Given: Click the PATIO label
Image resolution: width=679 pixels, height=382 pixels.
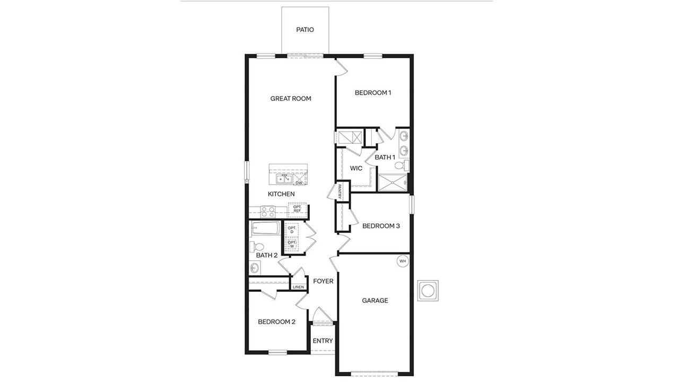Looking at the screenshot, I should tap(305, 30).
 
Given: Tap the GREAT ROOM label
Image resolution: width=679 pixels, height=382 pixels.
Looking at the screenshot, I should tap(291, 99).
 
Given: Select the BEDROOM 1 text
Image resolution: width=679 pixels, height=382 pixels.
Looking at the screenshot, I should tap(373, 93).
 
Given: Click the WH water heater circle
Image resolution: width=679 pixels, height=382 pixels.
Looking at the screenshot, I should tap(402, 261).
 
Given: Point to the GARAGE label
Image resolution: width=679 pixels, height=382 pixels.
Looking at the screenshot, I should tap(375, 300).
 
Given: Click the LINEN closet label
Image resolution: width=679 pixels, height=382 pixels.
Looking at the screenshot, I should tap(298, 287).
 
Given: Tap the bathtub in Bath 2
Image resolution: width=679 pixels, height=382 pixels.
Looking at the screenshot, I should tap(265, 230).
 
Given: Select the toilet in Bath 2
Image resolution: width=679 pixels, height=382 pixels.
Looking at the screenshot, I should tap(258, 247).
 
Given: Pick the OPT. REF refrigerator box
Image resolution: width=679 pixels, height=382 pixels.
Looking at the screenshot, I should tap(297, 210).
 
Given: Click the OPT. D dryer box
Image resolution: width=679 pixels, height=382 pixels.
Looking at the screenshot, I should tap(292, 230).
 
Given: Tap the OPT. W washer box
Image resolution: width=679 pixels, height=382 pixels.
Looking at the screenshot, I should tap(292, 244).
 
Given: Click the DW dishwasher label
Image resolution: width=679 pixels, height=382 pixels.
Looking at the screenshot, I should tap(299, 183).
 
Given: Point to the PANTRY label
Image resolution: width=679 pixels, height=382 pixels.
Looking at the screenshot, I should tap(339, 190).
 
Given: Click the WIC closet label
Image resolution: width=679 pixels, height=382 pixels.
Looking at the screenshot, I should tap(356, 168).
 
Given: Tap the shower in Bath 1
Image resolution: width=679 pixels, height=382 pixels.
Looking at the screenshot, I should tap(393, 183).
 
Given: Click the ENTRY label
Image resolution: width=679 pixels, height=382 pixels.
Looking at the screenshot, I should tap(323, 341).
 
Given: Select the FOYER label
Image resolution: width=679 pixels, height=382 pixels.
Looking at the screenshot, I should tap(323, 281).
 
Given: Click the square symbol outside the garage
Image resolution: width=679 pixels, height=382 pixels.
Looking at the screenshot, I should tap(427, 290).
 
